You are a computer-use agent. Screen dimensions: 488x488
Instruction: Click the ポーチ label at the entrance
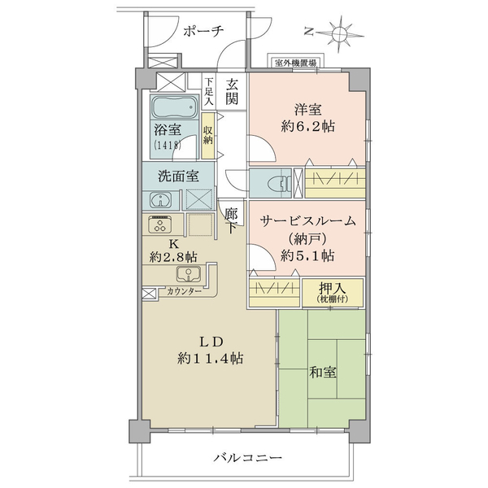pos(203,32)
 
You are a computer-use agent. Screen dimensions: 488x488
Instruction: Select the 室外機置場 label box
pos(296,63)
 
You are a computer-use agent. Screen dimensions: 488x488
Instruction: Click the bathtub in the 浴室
pos(175,107)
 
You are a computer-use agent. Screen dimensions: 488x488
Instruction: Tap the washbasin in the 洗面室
pos(160,200)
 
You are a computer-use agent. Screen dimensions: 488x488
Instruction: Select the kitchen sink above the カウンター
pos(189,273)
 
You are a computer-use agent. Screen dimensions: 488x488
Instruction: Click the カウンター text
pos(185,292)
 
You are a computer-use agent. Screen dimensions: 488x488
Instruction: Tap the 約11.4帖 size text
pos(211,359)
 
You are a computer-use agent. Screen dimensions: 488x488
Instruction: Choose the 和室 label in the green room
pos(322,373)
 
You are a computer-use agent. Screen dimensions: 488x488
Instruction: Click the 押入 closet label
pos(333,289)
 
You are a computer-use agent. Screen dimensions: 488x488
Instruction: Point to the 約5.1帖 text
pos(307,256)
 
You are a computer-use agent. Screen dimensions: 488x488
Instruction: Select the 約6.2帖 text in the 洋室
pos(307,127)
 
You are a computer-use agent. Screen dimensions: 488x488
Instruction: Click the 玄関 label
pos(232,91)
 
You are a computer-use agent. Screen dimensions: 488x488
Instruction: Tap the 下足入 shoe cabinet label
pos(209,92)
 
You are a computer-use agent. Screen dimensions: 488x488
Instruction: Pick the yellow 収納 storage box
pos(207,136)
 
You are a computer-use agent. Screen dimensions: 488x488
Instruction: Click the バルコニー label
pos(248,457)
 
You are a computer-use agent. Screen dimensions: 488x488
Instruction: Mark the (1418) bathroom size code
pos(168,145)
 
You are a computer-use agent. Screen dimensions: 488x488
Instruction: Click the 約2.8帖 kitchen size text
pos(173,257)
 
